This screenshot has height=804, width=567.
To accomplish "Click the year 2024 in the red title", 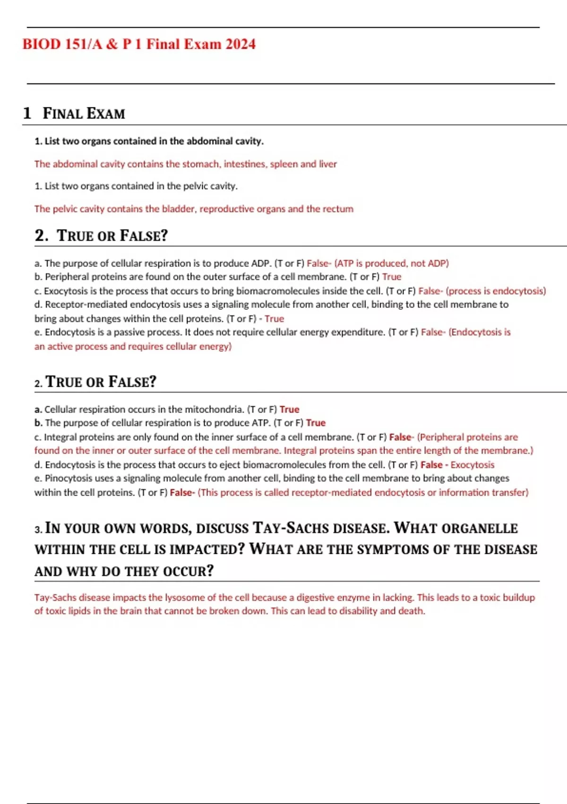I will (241, 44).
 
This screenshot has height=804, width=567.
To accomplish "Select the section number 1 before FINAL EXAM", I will (27, 113).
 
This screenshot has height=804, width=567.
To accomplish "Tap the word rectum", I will (338, 209).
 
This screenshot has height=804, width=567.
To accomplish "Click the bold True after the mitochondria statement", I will (289, 410).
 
